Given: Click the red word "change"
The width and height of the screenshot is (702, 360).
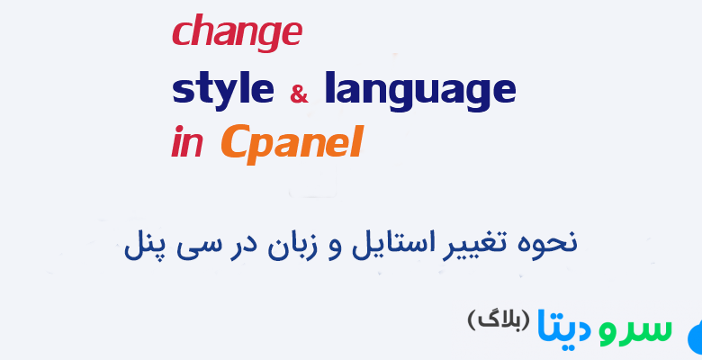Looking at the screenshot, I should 236,33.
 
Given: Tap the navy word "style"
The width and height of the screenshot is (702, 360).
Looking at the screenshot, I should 222,89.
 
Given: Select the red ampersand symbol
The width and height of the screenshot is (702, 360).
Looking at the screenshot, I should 299,93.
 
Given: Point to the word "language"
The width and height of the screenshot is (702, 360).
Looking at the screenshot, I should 419,91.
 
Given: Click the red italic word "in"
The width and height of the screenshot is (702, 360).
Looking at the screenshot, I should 186,144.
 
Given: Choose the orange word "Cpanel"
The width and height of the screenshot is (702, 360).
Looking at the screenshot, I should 291,143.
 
